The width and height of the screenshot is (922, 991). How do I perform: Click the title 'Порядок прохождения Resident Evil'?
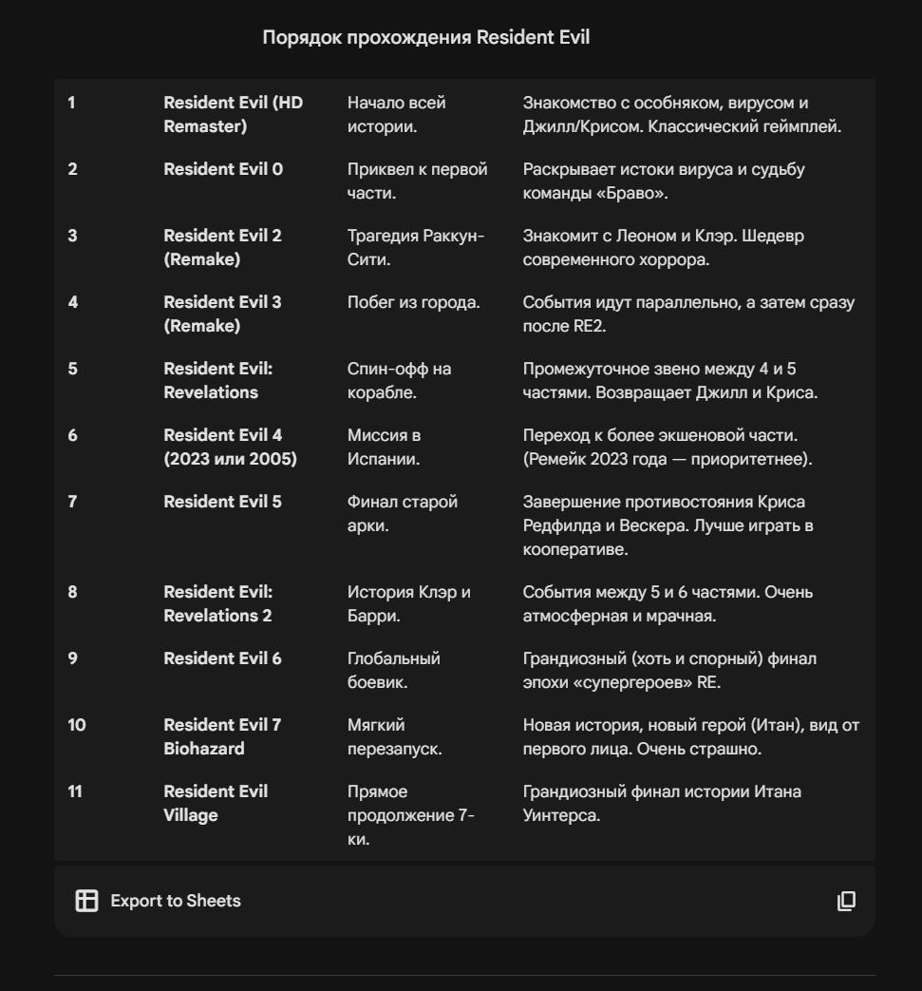(x=425, y=38)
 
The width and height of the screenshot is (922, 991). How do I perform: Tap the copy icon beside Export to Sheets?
(x=846, y=901)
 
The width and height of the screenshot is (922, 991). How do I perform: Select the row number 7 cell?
(x=72, y=502)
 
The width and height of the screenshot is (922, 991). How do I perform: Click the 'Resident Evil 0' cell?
(x=223, y=169)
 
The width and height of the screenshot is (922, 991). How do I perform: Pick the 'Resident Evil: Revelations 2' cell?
(x=217, y=603)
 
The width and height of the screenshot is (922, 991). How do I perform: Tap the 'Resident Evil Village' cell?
(x=216, y=803)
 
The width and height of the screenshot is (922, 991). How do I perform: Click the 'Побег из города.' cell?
(x=413, y=302)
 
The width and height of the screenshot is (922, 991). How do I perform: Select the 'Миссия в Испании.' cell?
(x=385, y=447)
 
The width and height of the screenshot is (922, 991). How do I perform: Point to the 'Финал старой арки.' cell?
(x=403, y=513)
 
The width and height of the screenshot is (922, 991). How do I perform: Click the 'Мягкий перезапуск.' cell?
(x=394, y=736)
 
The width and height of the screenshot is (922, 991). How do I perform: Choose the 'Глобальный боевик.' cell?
(x=393, y=670)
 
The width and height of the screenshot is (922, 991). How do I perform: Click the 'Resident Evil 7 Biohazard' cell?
(x=222, y=736)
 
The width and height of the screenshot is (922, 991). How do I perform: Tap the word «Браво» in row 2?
(x=623, y=193)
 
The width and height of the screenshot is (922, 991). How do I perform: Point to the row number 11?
(x=74, y=791)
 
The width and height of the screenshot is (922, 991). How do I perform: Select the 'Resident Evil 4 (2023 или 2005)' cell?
(x=230, y=447)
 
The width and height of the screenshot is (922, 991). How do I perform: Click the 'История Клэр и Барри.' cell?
(x=408, y=603)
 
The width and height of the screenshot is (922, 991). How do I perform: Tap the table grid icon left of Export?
(x=86, y=901)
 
